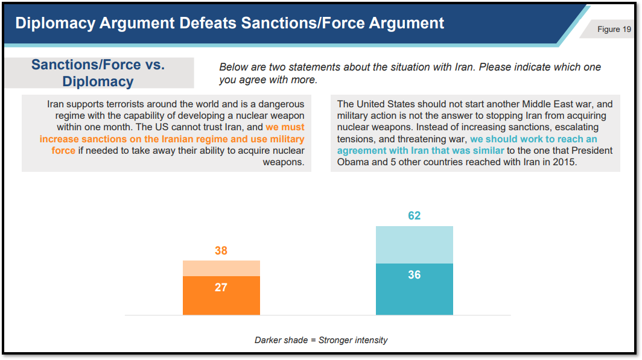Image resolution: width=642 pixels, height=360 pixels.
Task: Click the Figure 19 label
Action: (614, 30)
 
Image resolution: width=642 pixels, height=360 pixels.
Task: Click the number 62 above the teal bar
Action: (414, 216)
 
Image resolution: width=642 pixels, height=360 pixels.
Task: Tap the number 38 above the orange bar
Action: (221, 250)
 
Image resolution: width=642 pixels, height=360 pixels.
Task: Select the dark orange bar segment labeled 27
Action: (221, 295)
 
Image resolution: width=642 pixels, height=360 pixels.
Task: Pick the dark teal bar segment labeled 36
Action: (415, 289)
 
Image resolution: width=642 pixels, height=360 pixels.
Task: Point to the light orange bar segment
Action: (221, 268)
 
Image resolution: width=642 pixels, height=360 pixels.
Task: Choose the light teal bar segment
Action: (415, 245)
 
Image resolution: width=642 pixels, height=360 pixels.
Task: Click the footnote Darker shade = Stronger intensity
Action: (321, 340)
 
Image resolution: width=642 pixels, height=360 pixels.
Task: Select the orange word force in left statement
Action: (63, 151)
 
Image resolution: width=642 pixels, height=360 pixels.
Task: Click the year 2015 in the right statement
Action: (565, 162)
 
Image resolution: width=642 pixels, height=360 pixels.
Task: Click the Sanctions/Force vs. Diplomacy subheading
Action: (98, 73)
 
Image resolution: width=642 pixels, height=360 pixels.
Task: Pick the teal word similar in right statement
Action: (489, 151)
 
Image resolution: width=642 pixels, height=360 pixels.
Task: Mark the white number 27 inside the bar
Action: (221, 287)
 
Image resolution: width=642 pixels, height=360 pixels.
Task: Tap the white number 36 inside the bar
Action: (414, 274)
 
